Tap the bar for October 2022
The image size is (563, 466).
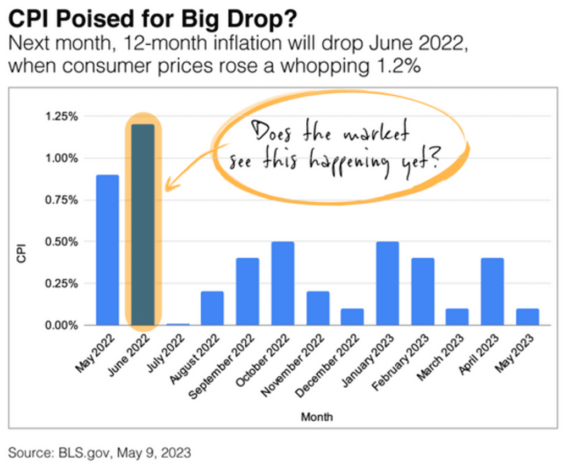(283, 283)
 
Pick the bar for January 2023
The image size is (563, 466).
(388, 283)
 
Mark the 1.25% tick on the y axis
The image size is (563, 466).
(77, 117)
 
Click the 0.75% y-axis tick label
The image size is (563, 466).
(77, 200)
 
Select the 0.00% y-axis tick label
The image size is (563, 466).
(77, 325)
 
